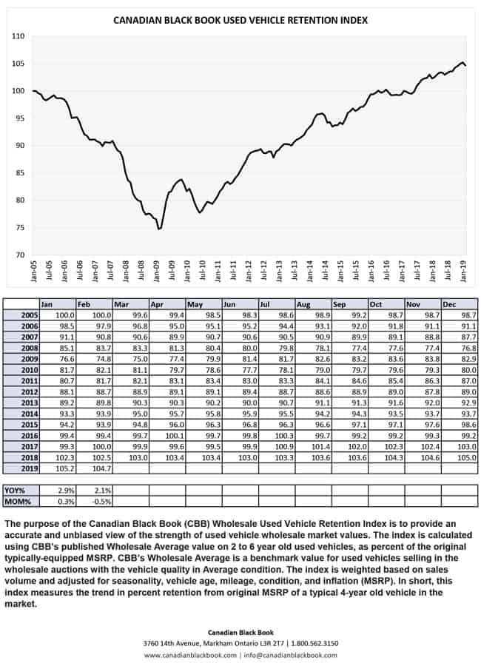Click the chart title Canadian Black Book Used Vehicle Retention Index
[240, 21]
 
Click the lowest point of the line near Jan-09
[158, 229]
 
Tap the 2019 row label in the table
[21, 468]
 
